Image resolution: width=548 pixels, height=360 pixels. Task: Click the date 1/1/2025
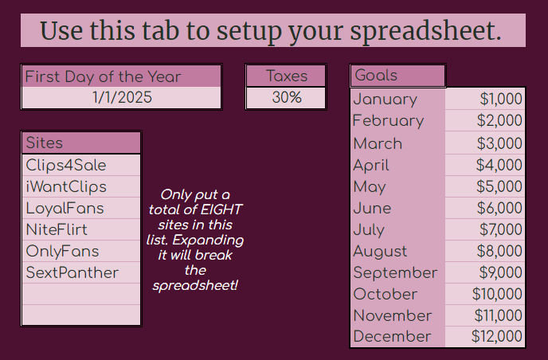pyautogui.click(x=122, y=97)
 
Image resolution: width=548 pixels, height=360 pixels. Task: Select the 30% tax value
pyautogui.click(x=287, y=97)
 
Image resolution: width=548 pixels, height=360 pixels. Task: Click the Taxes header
pyautogui.click(x=287, y=76)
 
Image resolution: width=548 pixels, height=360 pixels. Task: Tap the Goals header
pyautogui.click(x=376, y=75)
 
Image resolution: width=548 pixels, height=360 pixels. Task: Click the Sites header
pyautogui.click(x=45, y=143)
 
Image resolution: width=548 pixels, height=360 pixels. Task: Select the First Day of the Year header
pyautogui.click(x=103, y=76)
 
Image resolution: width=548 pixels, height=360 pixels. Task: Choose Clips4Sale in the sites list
pyautogui.click(x=66, y=166)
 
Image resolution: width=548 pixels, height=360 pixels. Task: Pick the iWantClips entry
pyautogui.click(x=66, y=187)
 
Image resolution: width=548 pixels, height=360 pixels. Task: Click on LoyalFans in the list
pyautogui.click(x=65, y=209)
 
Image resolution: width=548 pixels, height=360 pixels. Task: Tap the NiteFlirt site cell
pyautogui.click(x=57, y=229)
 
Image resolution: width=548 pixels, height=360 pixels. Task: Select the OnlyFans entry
pyautogui.click(x=63, y=252)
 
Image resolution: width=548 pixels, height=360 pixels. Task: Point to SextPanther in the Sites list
pyautogui.click(x=72, y=272)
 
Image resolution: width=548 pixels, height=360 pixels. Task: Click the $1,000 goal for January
pyautogui.click(x=501, y=99)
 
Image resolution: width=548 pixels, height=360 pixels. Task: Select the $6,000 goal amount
pyautogui.click(x=499, y=208)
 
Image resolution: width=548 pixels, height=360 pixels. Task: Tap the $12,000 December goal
pyautogui.click(x=497, y=336)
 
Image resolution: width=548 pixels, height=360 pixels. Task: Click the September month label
pyautogui.click(x=395, y=273)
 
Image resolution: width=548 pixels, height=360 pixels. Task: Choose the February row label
pyautogui.click(x=388, y=121)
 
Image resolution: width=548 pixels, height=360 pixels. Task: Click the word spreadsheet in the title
pyautogui.click(x=425, y=31)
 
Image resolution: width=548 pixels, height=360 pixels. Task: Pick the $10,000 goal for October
pyautogui.click(x=497, y=294)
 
